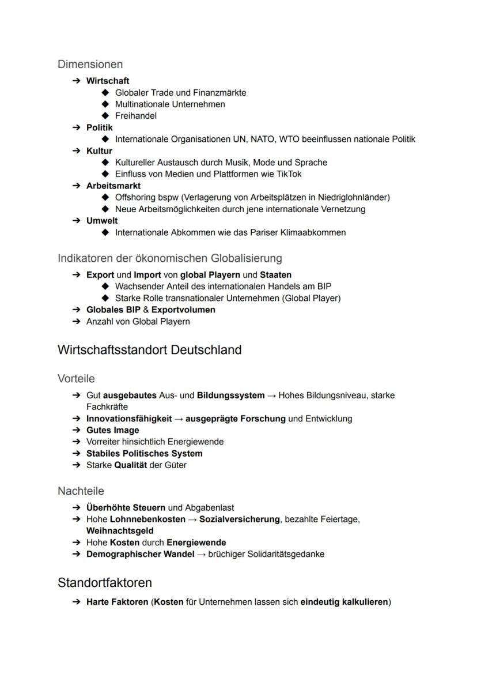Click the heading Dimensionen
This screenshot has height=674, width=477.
coord(90,64)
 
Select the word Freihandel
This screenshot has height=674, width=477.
coord(136,116)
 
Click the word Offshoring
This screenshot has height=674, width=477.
coord(136,197)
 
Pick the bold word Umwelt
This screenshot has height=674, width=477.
coord(102,221)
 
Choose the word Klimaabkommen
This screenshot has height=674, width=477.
coord(314,232)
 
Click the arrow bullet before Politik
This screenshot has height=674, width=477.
coord(76,127)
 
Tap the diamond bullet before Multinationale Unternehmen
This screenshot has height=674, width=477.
coord(105,104)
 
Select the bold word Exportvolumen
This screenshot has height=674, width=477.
coord(183,310)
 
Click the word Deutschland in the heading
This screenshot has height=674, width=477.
coord(206,350)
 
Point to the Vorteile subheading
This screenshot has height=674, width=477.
coord(76,379)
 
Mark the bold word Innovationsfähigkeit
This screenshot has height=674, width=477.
coord(129,419)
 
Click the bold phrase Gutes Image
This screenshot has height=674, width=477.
coord(112,430)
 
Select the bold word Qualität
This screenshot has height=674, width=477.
coord(131,465)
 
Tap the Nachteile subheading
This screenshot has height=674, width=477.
coord(81,491)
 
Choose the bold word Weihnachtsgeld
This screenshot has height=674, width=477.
coord(120,530)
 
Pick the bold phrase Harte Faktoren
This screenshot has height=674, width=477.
coord(117,603)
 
